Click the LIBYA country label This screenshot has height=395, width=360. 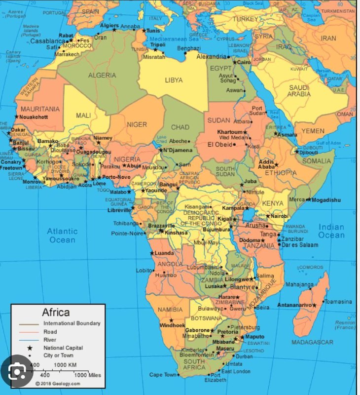(174, 80)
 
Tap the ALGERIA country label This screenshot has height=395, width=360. (102, 76)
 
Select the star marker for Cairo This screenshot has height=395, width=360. (235, 62)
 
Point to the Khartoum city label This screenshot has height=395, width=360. (230, 132)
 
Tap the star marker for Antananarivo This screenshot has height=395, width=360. (314, 305)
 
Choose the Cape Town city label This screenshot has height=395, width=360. (163, 375)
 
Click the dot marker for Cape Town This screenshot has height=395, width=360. (178, 375)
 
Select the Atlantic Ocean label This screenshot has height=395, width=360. (62, 236)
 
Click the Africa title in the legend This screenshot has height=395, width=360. (56, 312)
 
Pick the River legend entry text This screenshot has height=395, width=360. (50, 340)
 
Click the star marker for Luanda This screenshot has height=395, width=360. (152, 253)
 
